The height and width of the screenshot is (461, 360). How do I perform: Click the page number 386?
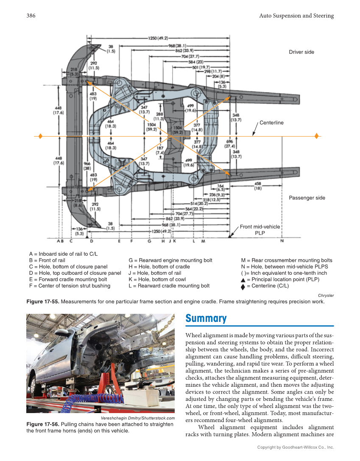pos(31,16)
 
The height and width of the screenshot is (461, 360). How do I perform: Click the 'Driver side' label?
pos(301,52)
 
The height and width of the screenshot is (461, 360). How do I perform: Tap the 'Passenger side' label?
pos(307,198)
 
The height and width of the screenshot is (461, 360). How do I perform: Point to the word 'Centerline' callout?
pos(271,123)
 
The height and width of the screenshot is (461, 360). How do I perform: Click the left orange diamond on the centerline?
pos(40,136)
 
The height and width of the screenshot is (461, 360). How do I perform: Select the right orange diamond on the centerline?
pos(317,136)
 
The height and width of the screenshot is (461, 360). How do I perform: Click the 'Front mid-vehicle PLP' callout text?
pos(260,229)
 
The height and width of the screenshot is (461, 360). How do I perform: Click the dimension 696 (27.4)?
pos(229,144)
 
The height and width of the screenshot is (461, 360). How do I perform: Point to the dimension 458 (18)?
pos(257,186)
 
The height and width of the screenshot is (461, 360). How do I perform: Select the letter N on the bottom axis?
pos(282,241)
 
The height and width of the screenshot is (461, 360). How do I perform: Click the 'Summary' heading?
pos(206,319)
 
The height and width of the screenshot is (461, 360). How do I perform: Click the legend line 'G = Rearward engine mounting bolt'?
pos(170,260)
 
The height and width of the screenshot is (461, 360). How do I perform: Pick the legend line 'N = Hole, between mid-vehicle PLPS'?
pos(284,267)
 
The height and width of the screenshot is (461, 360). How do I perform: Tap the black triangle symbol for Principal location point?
pos(243,279)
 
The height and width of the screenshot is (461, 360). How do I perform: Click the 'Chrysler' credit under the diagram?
pos(326,295)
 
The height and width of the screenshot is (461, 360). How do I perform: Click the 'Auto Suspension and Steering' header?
pos(296,16)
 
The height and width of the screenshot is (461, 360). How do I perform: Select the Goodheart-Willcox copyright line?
pos(296,447)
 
